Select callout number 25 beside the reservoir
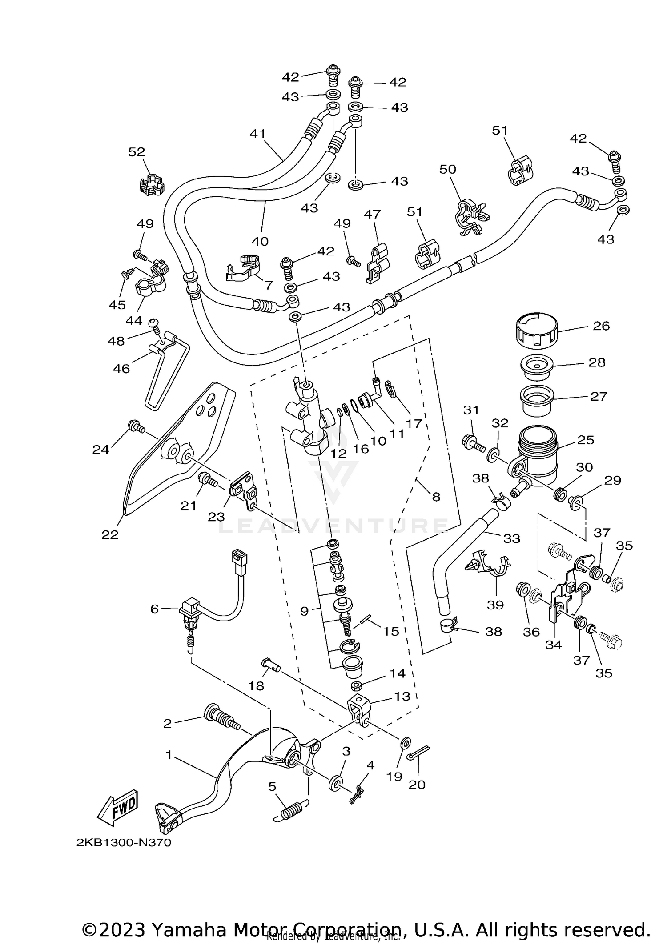click(586, 440)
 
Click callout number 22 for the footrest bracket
click(110, 534)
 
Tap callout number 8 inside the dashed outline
click(436, 496)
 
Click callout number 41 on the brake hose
click(257, 133)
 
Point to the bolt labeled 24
click(136, 427)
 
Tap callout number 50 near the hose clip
click(448, 169)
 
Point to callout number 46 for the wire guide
click(121, 368)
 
